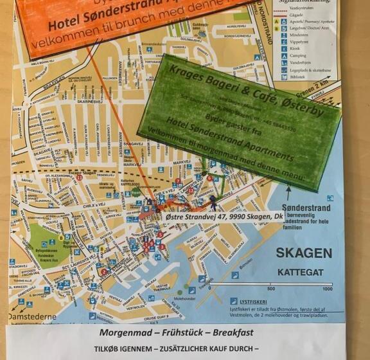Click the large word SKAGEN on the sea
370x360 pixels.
click(x=304, y=253)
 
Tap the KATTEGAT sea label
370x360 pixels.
click(x=299, y=273)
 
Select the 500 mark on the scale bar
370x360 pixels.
click(x=271, y=289)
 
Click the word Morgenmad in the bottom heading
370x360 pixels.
click(x=123, y=333)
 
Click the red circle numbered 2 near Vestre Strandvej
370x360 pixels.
click(x=103, y=272)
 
